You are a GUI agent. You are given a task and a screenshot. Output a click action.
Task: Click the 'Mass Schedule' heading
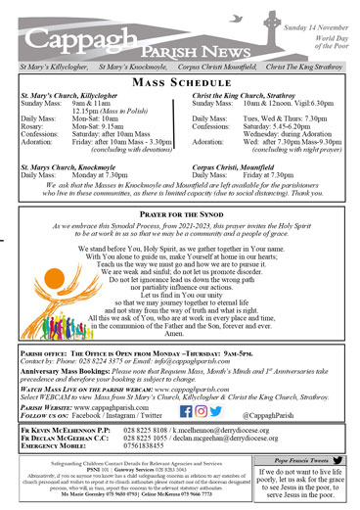(x=180, y=86)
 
